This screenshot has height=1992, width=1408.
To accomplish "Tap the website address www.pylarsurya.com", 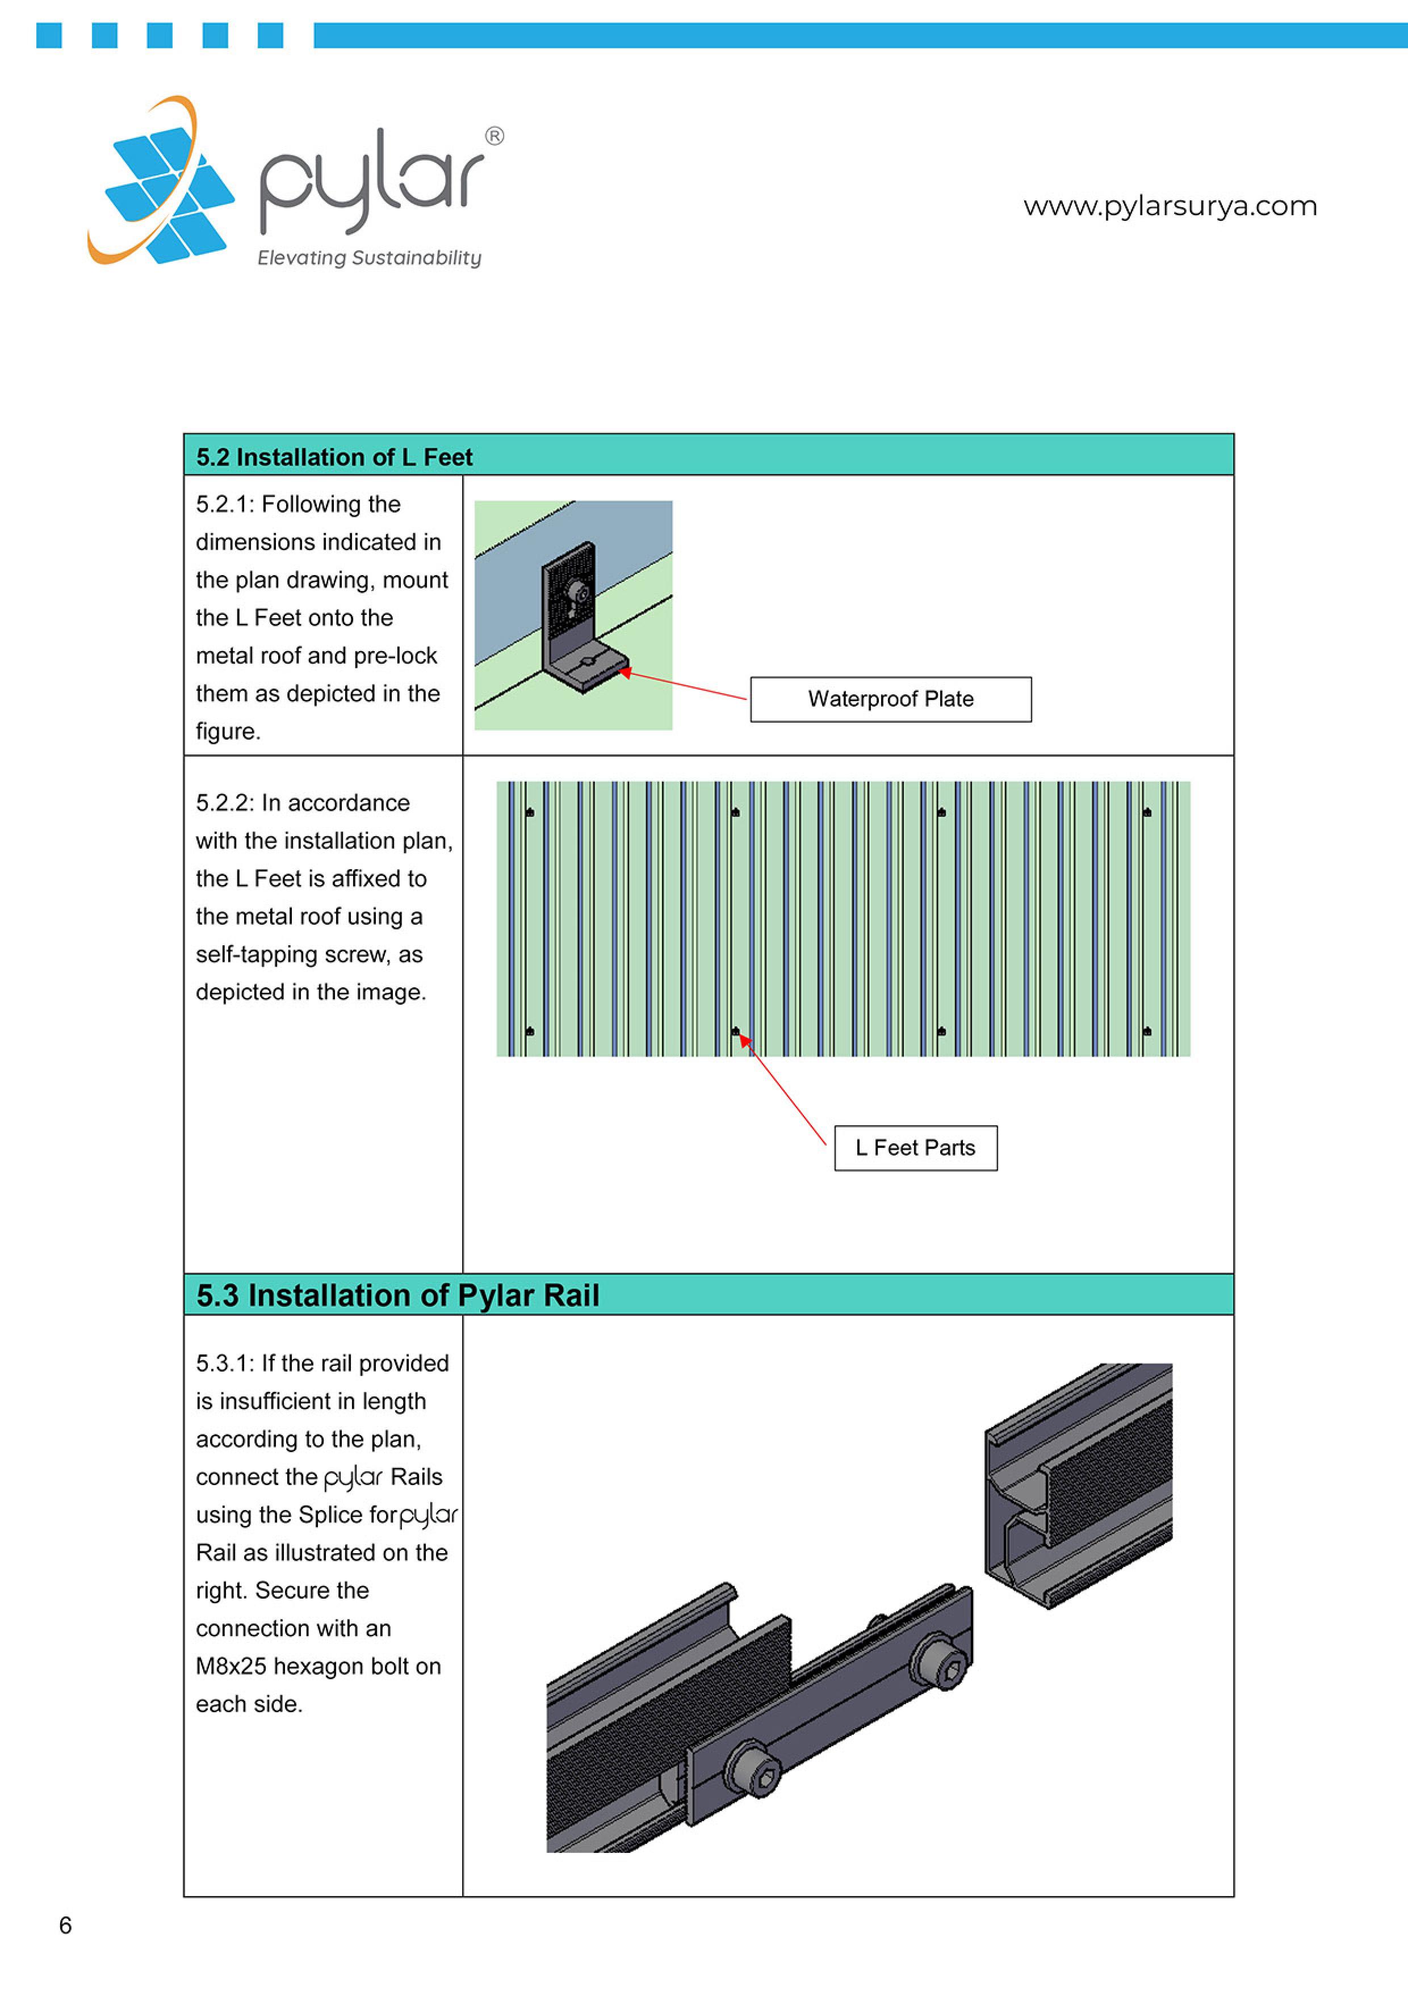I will coord(1170,207).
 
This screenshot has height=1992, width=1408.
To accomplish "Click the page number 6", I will coord(65,1925).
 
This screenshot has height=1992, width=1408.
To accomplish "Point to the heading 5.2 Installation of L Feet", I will coord(334,456).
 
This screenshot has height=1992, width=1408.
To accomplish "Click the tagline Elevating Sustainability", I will coord(368,258).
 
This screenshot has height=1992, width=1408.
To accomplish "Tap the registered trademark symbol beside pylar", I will coord(493,136).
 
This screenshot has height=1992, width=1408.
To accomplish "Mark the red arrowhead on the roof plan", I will coord(744,1039).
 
